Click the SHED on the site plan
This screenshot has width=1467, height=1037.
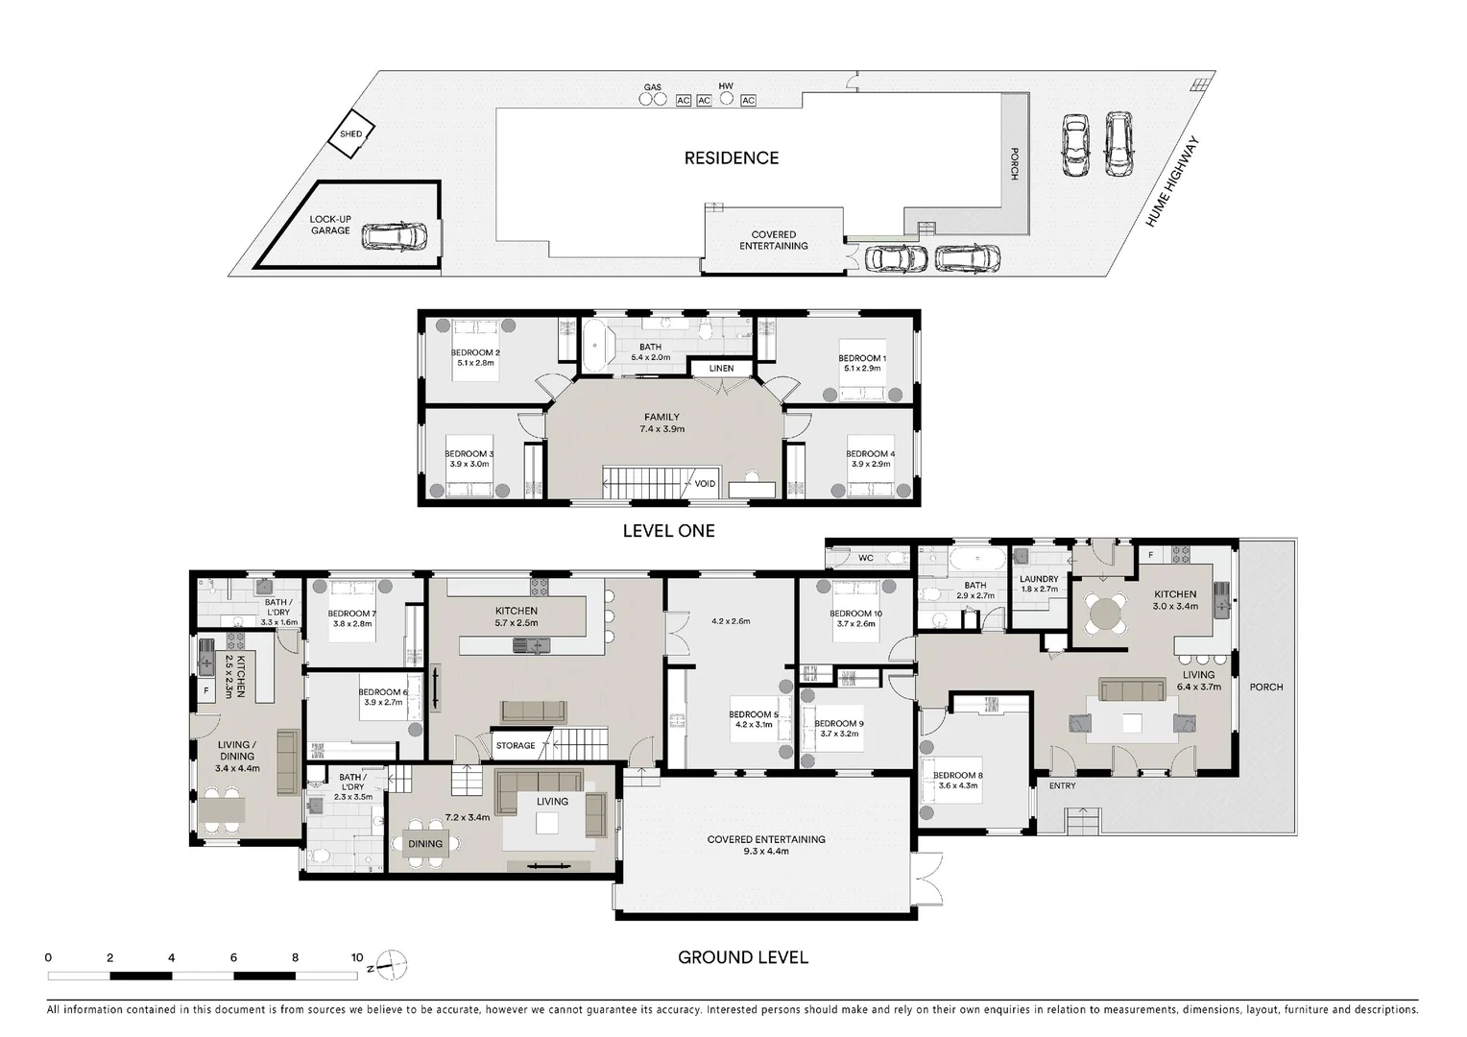click(351, 134)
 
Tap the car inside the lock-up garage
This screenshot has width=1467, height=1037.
click(395, 236)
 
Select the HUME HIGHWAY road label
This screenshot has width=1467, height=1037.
click(1173, 182)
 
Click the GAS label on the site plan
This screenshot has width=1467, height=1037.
click(652, 87)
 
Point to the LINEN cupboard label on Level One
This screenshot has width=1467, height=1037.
click(721, 369)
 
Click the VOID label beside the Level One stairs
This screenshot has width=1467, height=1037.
click(705, 484)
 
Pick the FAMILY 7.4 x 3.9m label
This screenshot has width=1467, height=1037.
click(661, 423)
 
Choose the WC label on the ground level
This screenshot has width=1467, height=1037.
click(865, 558)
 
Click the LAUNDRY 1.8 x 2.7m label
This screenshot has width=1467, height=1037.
click(1039, 584)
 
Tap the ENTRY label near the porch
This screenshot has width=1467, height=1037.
click(1062, 785)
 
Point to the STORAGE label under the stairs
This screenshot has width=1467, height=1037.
click(516, 746)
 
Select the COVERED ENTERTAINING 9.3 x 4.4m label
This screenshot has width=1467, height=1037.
click(766, 845)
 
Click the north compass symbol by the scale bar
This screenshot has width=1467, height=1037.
click(392, 963)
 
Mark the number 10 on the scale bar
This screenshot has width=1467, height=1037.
click(356, 957)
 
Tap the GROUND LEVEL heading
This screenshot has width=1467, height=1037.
click(742, 957)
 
